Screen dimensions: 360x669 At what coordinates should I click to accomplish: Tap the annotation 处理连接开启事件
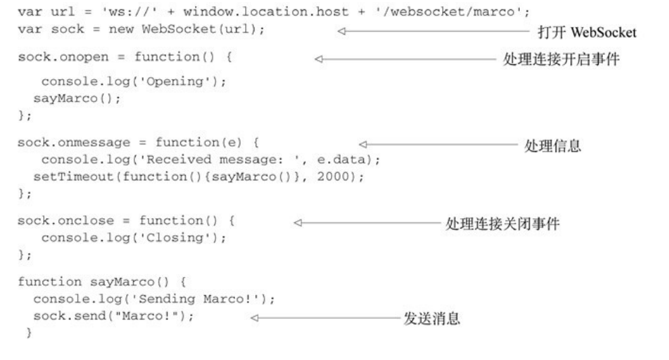click(x=562, y=59)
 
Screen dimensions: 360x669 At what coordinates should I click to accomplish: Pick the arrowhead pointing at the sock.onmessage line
click(x=363, y=145)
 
